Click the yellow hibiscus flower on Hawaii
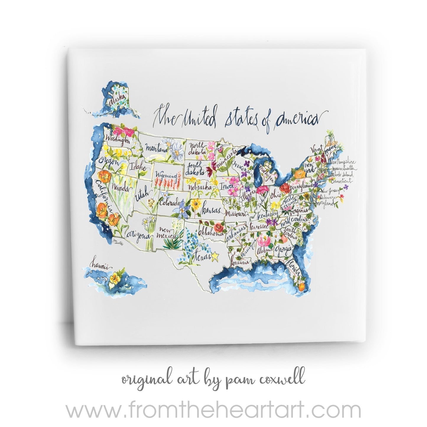click(114, 279)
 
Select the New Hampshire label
click(342, 162)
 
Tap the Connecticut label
click(342, 180)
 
